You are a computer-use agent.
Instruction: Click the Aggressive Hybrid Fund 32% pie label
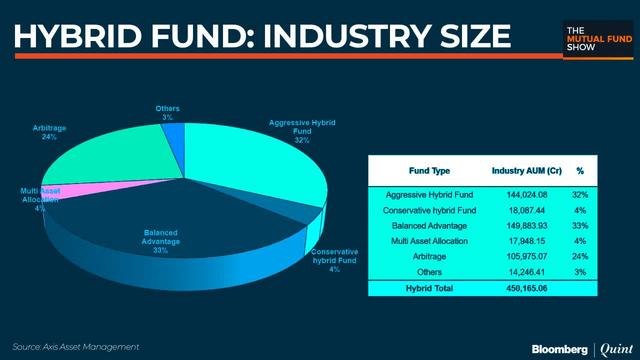click(301, 131)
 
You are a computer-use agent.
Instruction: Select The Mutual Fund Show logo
click(594, 37)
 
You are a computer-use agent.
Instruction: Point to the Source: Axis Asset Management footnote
click(75, 346)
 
